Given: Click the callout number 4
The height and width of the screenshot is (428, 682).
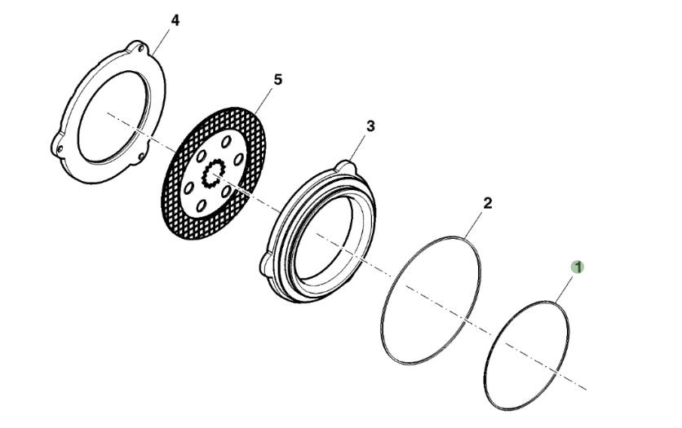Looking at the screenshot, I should coord(174,20).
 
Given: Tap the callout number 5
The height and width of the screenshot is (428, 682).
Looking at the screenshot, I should coord(277,79).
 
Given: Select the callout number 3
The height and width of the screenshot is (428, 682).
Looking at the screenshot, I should coord(370,126).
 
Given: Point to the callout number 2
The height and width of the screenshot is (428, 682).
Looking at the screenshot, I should coord(487,203).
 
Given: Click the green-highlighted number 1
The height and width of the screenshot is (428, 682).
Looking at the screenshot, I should coord(578,267).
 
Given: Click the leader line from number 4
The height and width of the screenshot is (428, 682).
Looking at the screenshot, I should coord(163,38).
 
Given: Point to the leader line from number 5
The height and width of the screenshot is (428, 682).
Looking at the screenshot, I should coord(267,99).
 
